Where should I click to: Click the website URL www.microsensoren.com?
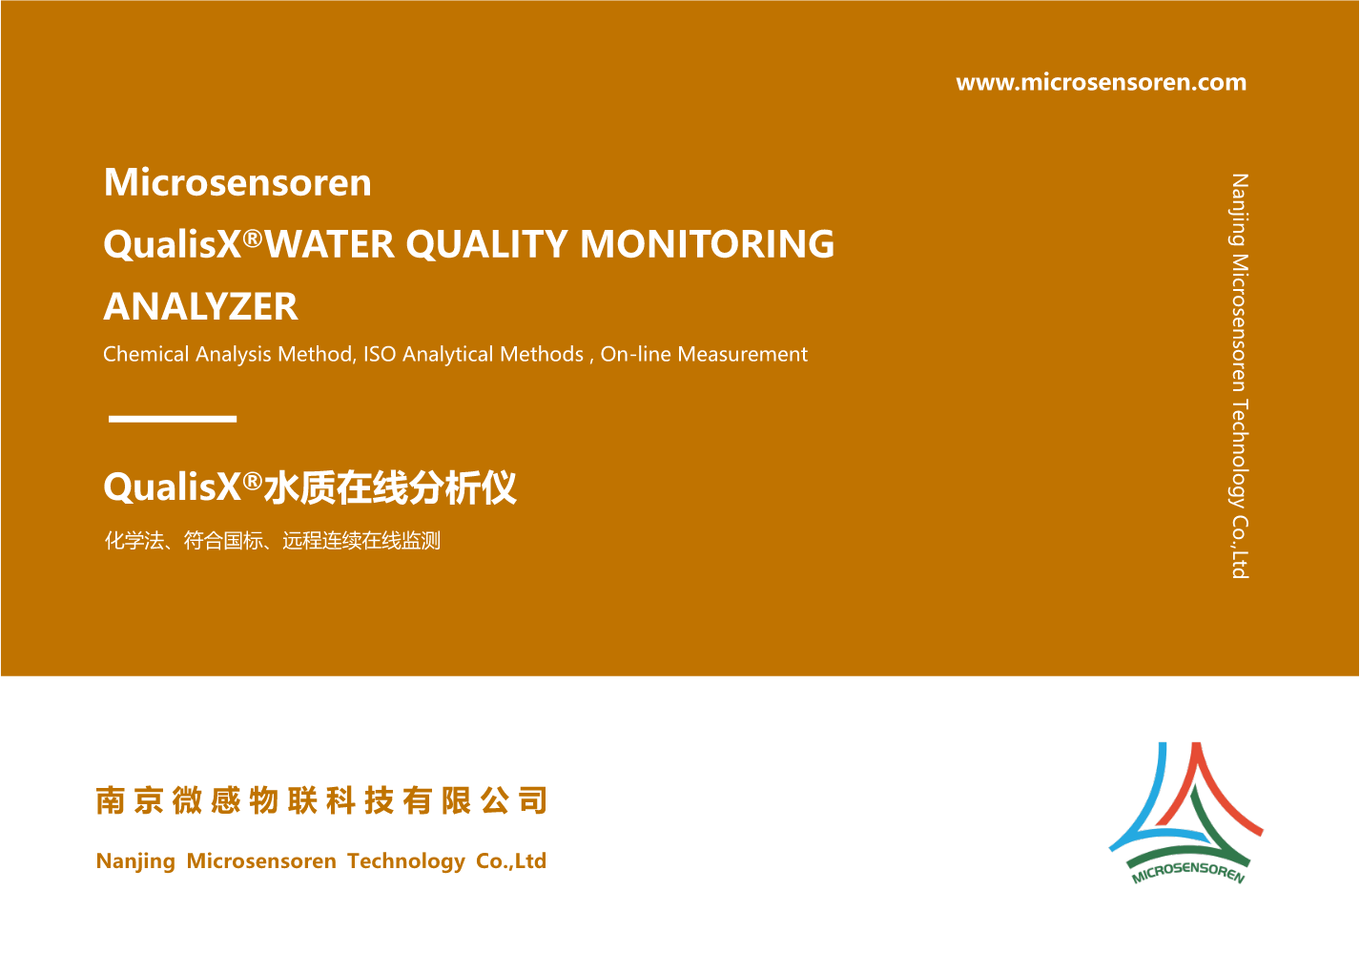pos(1101,82)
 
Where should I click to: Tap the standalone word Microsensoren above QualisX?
pos(237,182)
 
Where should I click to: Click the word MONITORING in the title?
pos(708,244)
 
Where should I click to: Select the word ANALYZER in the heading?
pos(201,306)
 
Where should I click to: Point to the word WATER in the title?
pos(330,244)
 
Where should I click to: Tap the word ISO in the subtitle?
pos(380,354)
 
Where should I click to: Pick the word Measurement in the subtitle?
pos(743,354)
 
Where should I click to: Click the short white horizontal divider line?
pos(173,419)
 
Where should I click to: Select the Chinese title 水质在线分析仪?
pos(390,487)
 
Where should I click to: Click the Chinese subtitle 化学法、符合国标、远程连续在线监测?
pos(273,540)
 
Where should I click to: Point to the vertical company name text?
pos(1239,376)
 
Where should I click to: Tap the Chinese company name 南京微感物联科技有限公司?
pos(321,800)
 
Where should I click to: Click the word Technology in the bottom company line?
pos(406,861)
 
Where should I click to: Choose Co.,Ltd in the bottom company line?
pos(511,860)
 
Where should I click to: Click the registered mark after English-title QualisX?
pos(253,238)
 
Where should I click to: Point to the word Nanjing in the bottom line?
pos(135,861)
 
